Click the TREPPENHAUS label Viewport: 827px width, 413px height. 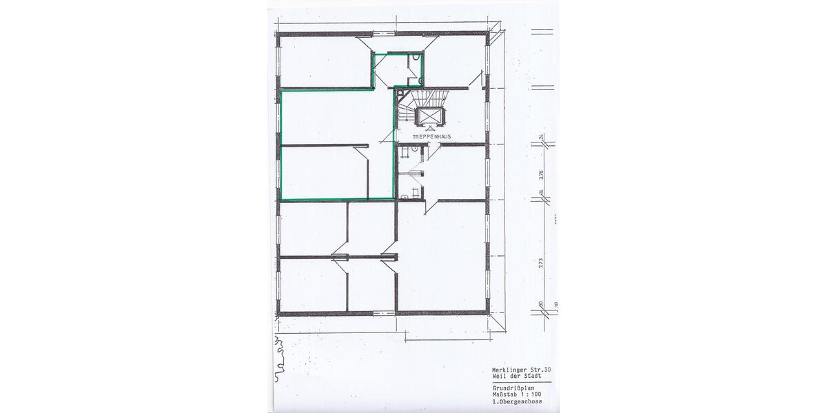pyautogui.click(x=431, y=137)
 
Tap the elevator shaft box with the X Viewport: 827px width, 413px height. pyautogui.click(x=429, y=118)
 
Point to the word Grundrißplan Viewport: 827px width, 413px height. pyautogui.click(x=511, y=388)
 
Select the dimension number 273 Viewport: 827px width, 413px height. pyautogui.click(x=542, y=262)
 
